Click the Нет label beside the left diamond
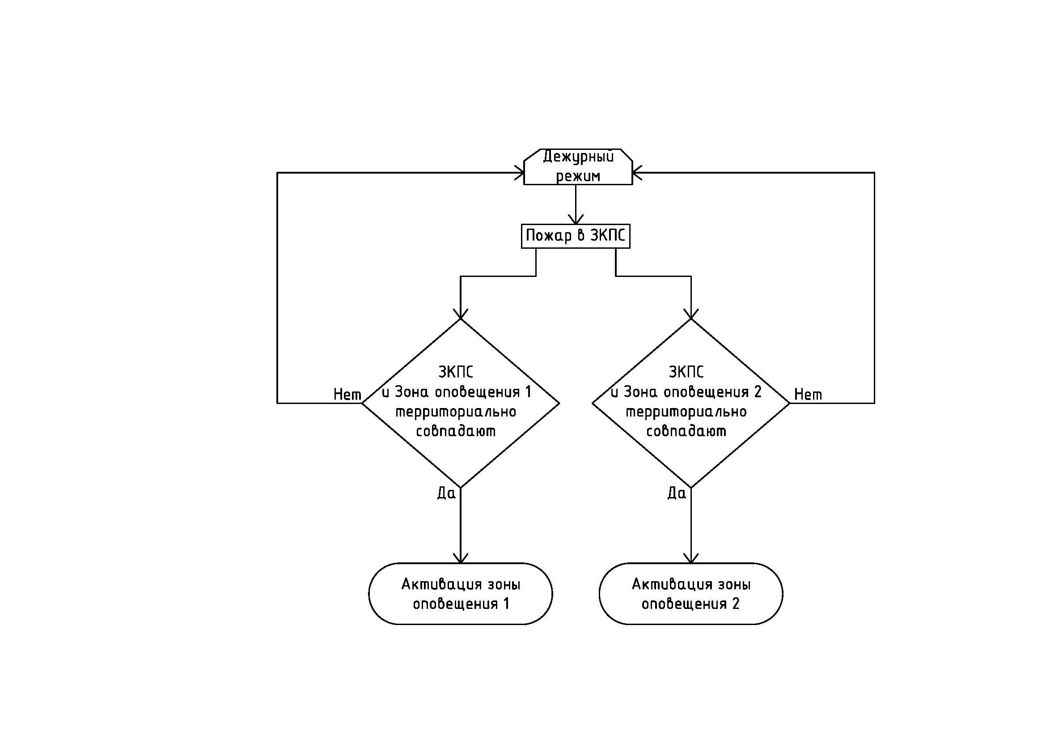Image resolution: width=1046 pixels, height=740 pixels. pyautogui.click(x=347, y=395)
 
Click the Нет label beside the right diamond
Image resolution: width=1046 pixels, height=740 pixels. pyautogui.click(x=808, y=395)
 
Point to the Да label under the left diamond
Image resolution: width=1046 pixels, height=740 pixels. pyautogui.click(x=446, y=493)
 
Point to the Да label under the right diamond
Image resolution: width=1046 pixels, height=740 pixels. pyautogui.click(x=677, y=493)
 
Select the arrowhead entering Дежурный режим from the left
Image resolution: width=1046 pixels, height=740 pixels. pyautogui.click(x=519, y=173)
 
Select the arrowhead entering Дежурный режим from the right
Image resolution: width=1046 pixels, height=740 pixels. pyautogui.click(x=637, y=173)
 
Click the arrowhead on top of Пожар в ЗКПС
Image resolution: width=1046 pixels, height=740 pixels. pyautogui.click(x=576, y=219)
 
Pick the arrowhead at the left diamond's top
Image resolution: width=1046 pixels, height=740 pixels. pyautogui.click(x=461, y=314)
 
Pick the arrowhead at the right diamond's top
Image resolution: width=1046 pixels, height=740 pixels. pyautogui.click(x=691, y=314)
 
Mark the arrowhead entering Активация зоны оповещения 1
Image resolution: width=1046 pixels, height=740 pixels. pyautogui.click(x=461, y=558)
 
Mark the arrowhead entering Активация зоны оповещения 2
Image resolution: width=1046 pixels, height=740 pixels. pyautogui.click(x=691, y=558)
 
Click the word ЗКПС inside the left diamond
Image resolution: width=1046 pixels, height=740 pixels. pyautogui.click(x=456, y=372)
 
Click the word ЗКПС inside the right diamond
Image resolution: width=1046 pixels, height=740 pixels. pyautogui.click(x=686, y=372)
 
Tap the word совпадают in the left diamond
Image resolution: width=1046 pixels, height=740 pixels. pyautogui.click(x=456, y=431)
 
